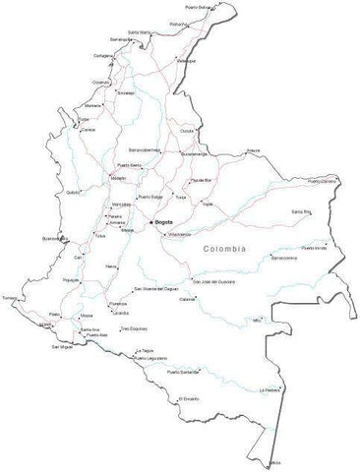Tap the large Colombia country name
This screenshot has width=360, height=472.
click(x=226, y=250)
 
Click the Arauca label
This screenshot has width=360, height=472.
click(x=253, y=149)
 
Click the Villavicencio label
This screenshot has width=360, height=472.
click(x=180, y=235)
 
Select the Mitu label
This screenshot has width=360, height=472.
click(x=258, y=320)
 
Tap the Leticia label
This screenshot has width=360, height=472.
click(x=274, y=461)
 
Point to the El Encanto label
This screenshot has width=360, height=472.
click(x=190, y=399)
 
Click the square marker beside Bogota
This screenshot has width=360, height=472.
click(x=151, y=223)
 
